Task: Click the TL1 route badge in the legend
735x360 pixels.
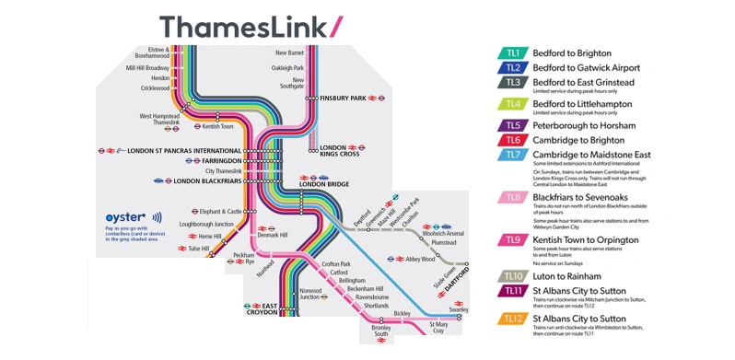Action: (x=513, y=53)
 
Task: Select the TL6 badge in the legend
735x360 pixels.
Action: (x=513, y=140)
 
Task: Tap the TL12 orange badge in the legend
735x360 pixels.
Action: (x=513, y=319)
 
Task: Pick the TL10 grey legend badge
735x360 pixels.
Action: (x=513, y=276)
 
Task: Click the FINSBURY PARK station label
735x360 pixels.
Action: (x=343, y=97)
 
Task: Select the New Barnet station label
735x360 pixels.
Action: (x=290, y=53)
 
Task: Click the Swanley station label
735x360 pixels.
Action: (x=458, y=310)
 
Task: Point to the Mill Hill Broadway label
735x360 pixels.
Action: (x=147, y=68)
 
